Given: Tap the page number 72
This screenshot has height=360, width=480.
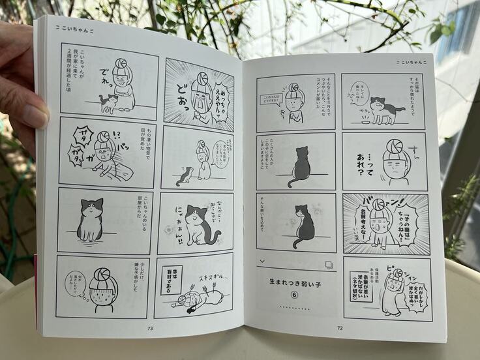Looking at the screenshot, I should coord(339,328).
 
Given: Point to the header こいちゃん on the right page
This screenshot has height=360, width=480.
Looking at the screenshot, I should coord(413,63).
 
